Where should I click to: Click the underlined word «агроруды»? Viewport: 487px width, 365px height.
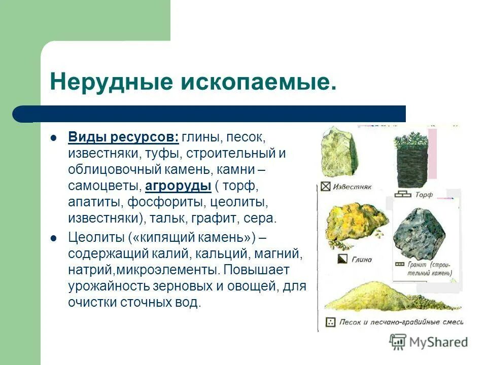tap(178, 186)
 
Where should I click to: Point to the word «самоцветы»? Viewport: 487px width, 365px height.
tap(105, 186)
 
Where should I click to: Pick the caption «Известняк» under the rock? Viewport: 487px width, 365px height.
tap(353, 187)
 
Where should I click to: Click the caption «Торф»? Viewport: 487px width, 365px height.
tap(424, 195)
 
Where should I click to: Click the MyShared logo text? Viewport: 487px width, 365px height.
tap(438, 342)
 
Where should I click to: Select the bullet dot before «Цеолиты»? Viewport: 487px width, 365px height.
tap(53, 238)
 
